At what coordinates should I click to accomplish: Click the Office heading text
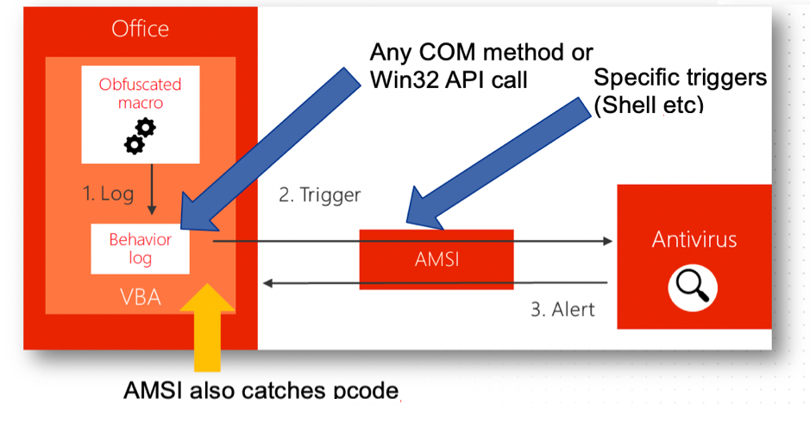141,29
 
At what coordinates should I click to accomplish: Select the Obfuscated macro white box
140,115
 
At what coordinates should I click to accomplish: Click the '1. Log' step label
109,193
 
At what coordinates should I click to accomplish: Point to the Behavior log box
140,248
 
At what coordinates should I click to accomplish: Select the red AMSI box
437,258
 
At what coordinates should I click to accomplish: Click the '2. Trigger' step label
319,195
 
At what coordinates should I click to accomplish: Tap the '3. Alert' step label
562,308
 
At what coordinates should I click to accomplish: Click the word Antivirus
694,238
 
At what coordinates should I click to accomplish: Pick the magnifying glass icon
694,284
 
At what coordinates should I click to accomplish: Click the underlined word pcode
367,391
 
